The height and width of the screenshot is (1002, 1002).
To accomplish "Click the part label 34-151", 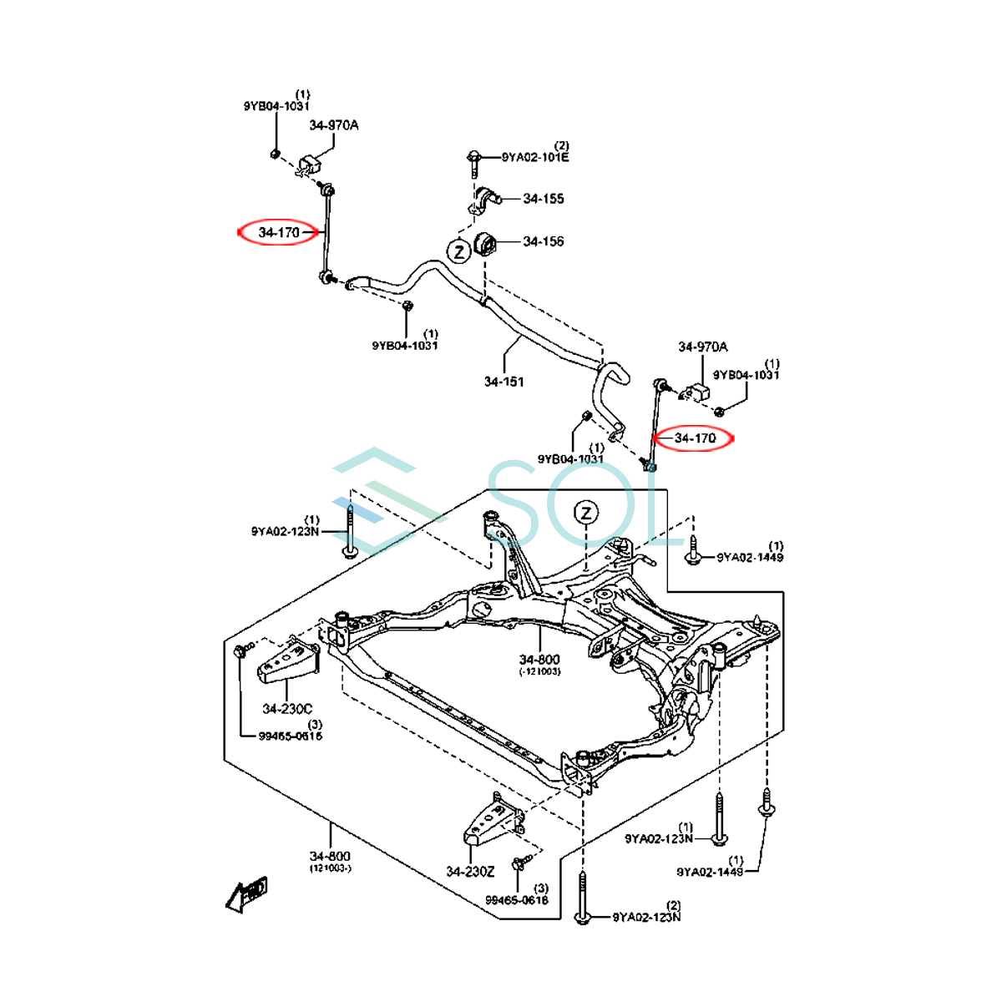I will tap(504, 382).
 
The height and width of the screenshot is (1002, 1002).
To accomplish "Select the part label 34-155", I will tap(544, 199).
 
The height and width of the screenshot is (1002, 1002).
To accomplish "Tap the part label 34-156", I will tap(544, 241).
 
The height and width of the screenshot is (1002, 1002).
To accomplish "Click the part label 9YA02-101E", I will tap(535, 157).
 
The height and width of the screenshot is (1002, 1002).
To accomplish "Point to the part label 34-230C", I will tap(287, 709).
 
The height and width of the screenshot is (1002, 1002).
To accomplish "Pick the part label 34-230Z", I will tap(470, 872).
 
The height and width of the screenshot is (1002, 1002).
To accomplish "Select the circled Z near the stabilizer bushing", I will tap(458, 250).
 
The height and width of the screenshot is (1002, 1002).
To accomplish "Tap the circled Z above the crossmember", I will tap(586, 513).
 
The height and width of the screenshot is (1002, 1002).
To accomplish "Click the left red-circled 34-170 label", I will tap(279, 232).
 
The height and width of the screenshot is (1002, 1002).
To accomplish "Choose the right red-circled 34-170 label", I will tap(695, 438).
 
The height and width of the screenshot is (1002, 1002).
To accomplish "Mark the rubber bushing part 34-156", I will tap(485, 245).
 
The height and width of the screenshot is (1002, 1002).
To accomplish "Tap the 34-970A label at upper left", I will tap(333, 125).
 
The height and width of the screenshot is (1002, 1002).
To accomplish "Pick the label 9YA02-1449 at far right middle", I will tap(750, 557).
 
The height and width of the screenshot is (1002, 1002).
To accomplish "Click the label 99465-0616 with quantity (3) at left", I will tap(290, 736).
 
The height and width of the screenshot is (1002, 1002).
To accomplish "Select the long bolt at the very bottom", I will tap(581, 898).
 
